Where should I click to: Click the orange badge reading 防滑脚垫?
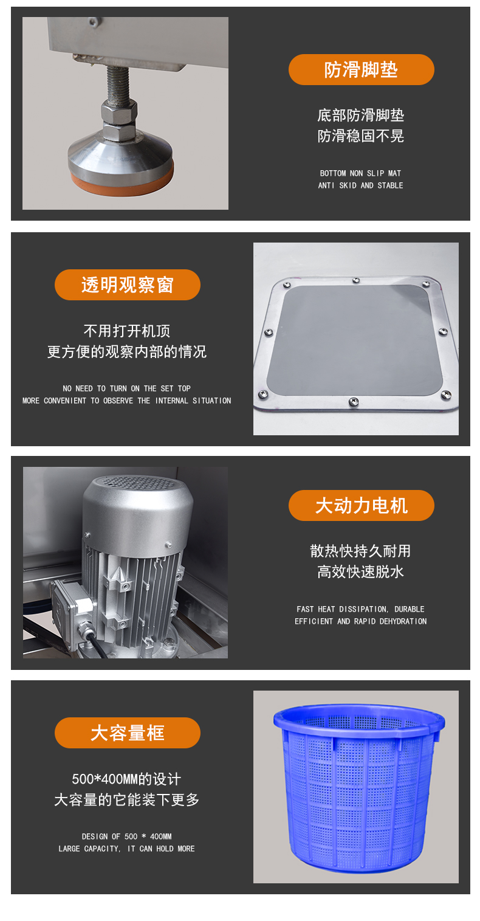click(362, 69)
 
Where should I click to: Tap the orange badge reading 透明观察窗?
click(128, 285)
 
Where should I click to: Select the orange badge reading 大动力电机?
click(362, 505)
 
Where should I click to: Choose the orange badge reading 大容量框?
click(128, 733)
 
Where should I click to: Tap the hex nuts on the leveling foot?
click(119, 120)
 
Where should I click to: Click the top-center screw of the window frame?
click(356, 280)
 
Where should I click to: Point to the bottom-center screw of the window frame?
click(354, 401)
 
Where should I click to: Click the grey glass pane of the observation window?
click(355, 340)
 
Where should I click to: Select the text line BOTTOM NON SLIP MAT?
click(360, 173)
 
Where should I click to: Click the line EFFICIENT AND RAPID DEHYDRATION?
click(360, 621)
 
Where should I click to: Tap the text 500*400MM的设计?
click(126, 779)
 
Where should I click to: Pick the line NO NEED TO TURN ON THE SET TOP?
click(126, 388)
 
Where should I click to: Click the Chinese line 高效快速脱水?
click(360, 571)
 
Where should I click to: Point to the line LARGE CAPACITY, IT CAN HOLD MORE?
click(126, 848)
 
